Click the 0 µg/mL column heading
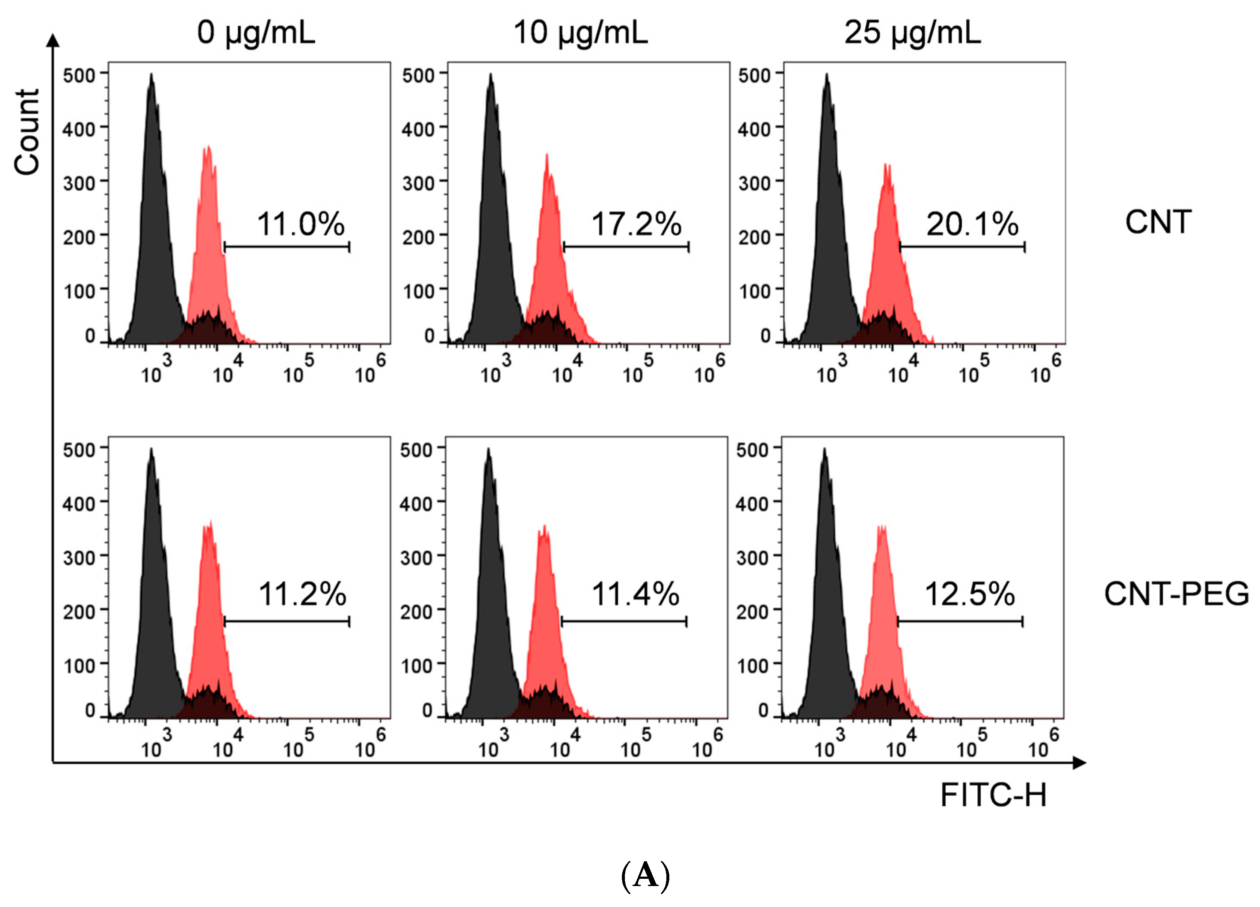click(256, 32)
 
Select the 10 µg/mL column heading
click(580, 32)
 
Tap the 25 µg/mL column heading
click(912, 32)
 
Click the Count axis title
click(27, 132)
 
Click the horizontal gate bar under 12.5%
click(960, 621)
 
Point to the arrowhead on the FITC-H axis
click(1079, 762)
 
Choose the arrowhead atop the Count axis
click(53, 40)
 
